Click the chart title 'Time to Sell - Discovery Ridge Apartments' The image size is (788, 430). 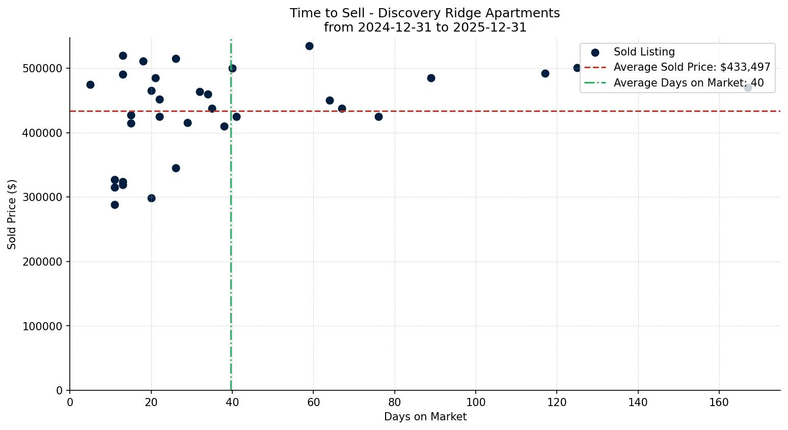[x=425, y=13]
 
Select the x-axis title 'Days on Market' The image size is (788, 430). [x=425, y=417]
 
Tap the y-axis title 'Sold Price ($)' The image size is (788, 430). [x=12, y=214]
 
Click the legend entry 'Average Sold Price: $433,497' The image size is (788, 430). [x=692, y=67]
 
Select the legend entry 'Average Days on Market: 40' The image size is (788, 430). [x=688, y=83]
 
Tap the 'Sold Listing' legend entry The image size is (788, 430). [x=644, y=52]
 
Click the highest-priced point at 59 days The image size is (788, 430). [x=309, y=46]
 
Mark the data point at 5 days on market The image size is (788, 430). [x=90, y=84]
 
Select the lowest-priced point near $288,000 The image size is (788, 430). [x=115, y=205]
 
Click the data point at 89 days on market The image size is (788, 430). [x=431, y=78]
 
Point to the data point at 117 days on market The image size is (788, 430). [x=545, y=73]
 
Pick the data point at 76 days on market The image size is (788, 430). [x=378, y=117]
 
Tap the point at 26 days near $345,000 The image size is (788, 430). [x=176, y=168]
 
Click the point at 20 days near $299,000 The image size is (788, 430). [x=151, y=198]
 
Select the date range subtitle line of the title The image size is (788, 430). [x=425, y=27]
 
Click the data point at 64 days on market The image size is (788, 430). [x=330, y=100]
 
